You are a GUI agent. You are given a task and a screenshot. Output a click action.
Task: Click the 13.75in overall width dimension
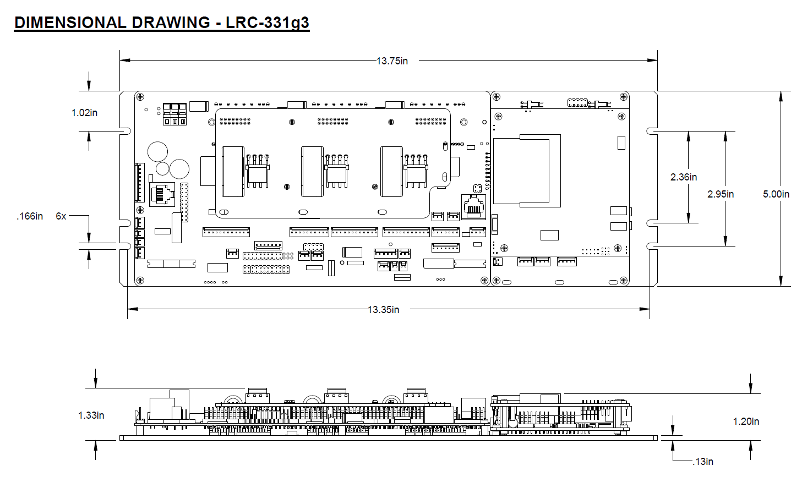392,61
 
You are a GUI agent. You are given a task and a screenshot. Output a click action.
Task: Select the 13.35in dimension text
384,309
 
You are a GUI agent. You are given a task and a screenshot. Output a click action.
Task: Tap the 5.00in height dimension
776,194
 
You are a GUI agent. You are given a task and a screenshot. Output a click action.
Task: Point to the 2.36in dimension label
684,177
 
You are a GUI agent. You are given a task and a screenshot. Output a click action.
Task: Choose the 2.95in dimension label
721,194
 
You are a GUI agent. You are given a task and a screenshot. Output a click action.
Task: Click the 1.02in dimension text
85,113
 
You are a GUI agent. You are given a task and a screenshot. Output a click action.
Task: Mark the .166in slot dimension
30,216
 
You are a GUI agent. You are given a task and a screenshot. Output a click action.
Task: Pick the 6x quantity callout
61,216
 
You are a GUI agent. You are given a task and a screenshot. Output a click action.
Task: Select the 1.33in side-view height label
91,415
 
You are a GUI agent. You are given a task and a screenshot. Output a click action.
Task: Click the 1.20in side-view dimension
746,421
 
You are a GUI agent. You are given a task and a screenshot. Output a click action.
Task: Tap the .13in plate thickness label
703,462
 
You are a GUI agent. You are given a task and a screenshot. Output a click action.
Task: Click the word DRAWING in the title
171,23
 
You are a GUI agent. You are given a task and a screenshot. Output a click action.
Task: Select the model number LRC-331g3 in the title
268,23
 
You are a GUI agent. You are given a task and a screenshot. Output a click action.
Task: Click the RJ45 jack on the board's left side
162,194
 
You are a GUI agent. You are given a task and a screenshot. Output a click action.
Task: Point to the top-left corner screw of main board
140,97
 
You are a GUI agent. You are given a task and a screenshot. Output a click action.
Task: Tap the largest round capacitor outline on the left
157,151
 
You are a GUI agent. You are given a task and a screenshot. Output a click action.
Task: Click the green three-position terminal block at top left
174,114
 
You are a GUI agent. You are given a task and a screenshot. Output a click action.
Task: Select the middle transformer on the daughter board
313,171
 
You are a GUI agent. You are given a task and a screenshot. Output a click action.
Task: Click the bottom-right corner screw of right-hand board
623,280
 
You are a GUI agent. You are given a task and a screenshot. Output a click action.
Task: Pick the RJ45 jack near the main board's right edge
474,207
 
